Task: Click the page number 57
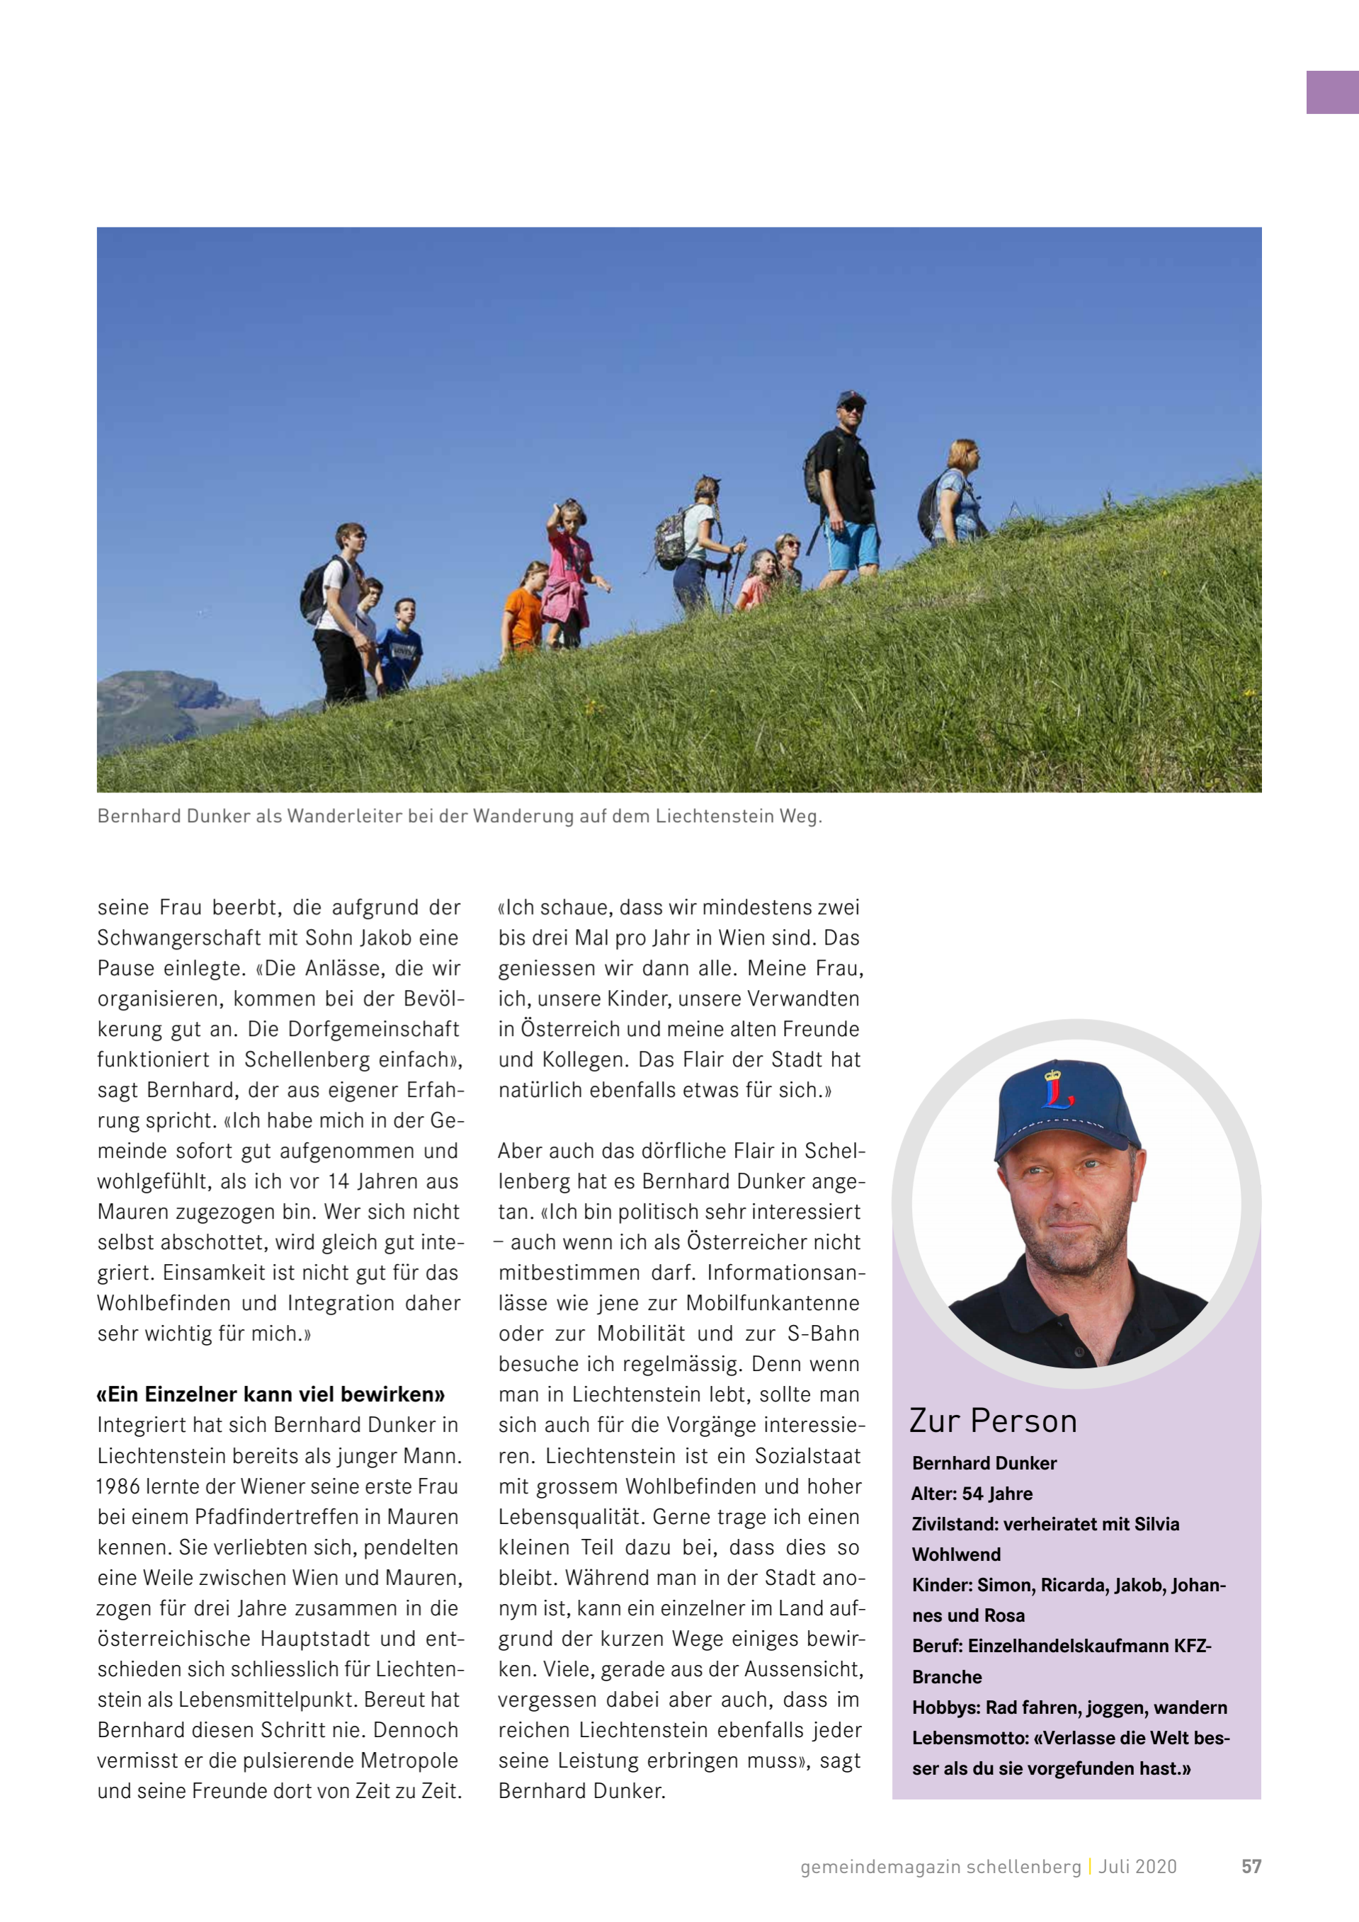(x=1250, y=1866)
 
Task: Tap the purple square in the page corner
(x=1331, y=92)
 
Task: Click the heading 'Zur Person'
(x=993, y=1421)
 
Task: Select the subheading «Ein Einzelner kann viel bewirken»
(x=271, y=1394)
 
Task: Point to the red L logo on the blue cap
(x=1057, y=1086)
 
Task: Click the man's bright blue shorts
(x=853, y=543)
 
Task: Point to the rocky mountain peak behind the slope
(x=167, y=695)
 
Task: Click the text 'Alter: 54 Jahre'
(x=972, y=1494)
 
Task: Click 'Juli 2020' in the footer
(x=1137, y=1866)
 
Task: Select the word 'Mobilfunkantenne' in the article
(x=772, y=1303)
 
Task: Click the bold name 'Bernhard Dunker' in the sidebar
(x=984, y=1462)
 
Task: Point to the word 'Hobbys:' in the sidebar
(x=945, y=1707)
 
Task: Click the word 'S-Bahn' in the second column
(x=823, y=1334)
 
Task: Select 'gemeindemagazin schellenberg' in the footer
(x=940, y=1866)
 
